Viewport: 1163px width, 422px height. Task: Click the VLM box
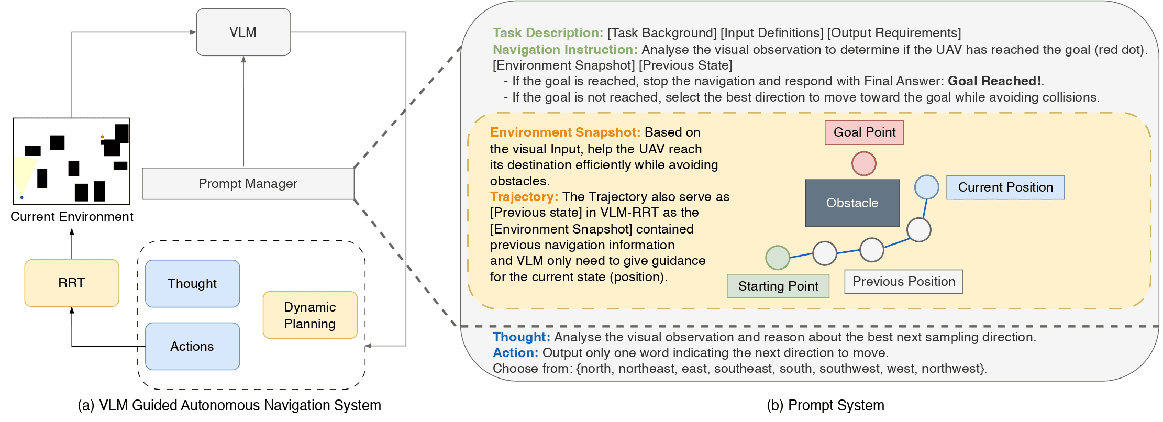point(243,32)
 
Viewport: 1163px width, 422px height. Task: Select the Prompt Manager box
point(248,183)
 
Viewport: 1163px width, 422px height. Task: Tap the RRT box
point(72,283)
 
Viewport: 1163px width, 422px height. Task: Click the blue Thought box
point(192,284)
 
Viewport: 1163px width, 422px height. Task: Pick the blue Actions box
point(192,347)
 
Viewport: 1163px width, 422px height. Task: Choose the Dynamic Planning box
point(310,315)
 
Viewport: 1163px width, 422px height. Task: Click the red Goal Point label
point(864,132)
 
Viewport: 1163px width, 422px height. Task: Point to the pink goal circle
point(863,163)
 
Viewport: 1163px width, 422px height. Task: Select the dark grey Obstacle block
point(852,203)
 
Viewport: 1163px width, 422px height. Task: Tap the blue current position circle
point(926,187)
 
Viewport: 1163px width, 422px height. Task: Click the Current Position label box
point(1005,187)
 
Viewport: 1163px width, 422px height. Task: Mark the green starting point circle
point(777,258)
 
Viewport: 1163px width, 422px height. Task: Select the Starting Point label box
point(778,286)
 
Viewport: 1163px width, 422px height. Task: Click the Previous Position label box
point(903,282)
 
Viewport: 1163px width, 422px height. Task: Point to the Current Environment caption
point(72,217)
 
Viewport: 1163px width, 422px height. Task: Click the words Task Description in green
point(547,33)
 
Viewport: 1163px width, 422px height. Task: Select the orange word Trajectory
point(524,197)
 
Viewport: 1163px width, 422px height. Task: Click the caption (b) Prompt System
point(825,405)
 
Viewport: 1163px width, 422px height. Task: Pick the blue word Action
point(515,353)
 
